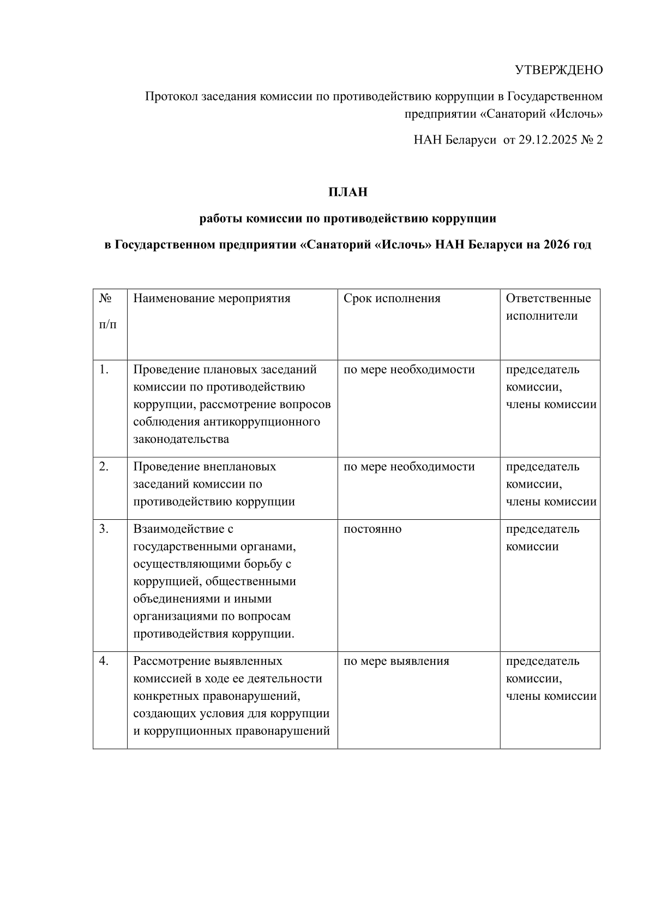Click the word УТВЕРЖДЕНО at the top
[x=559, y=70]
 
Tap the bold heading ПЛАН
[x=348, y=193]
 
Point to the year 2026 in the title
[x=557, y=245]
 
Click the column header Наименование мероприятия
[x=212, y=299]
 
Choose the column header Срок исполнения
[x=392, y=299]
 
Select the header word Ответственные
[x=548, y=299]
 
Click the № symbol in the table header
[x=105, y=299]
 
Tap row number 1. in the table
[x=104, y=370]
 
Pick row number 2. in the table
[x=104, y=467]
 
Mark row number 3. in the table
[x=104, y=529]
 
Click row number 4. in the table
[x=104, y=661]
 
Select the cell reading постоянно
[x=372, y=529]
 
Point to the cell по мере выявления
[x=396, y=661]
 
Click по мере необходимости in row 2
[x=409, y=467]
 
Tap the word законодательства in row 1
[x=181, y=439]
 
